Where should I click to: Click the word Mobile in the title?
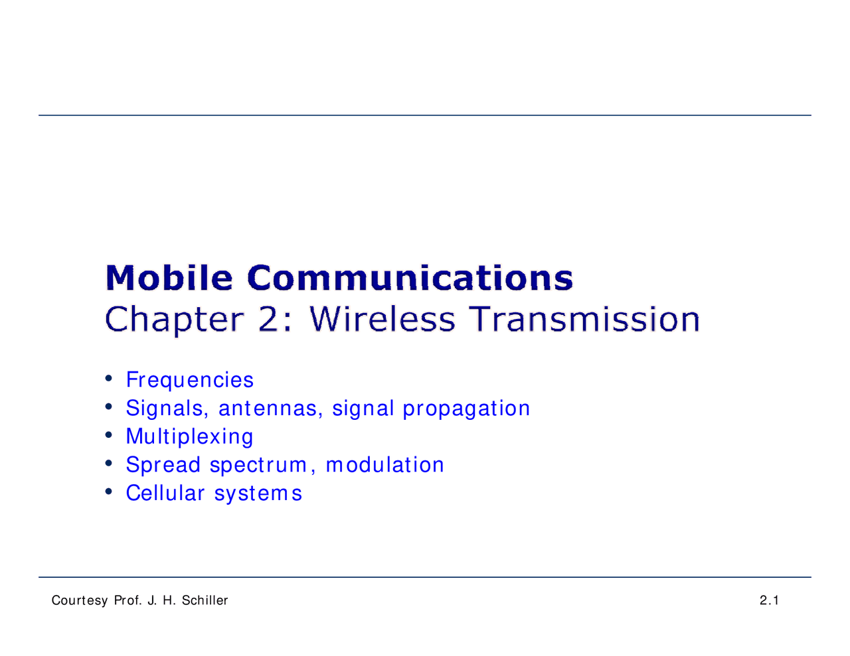pyautogui.click(x=169, y=278)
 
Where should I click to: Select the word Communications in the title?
pyautogui.click(x=410, y=278)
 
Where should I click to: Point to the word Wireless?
pyautogui.click(x=382, y=319)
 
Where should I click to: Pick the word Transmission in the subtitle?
pyautogui.click(x=585, y=319)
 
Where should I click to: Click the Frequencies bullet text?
pyautogui.click(x=190, y=380)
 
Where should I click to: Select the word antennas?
pyautogui.click(x=268, y=409)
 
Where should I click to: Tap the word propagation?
pyautogui.click(x=466, y=409)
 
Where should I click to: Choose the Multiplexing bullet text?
pyautogui.click(x=190, y=437)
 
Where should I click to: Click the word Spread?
pyautogui.click(x=163, y=465)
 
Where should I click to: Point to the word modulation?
pyautogui.click(x=385, y=465)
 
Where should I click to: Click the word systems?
pyautogui.click(x=258, y=493)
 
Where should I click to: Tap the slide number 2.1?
pyautogui.click(x=769, y=601)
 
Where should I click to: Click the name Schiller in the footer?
pyautogui.click(x=205, y=601)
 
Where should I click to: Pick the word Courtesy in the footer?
pyautogui.click(x=80, y=601)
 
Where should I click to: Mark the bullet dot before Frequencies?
pyautogui.click(x=108, y=379)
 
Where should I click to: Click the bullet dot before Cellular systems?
pyautogui.click(x=108, y=492)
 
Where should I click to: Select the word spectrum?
pyautogui.click(x=259, y=466)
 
